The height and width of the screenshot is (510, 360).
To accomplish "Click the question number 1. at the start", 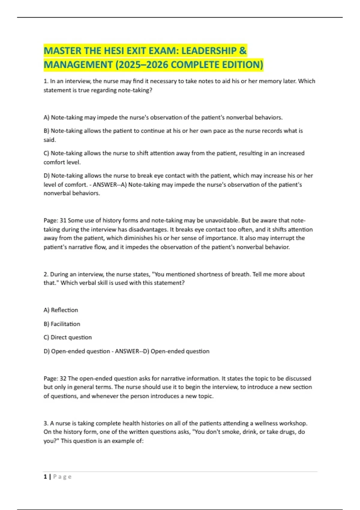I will [46, 81].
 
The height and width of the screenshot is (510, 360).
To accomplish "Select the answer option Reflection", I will [64, 310].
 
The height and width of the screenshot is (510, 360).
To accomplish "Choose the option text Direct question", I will [71, 337].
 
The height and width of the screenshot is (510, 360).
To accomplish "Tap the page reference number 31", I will [63, 220].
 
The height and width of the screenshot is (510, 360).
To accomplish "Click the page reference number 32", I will [63, 379].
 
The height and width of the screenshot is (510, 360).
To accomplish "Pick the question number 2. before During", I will [46, 274].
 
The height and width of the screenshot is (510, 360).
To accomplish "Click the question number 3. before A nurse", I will [46, 424].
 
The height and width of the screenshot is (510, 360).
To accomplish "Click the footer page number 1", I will [45, 477].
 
